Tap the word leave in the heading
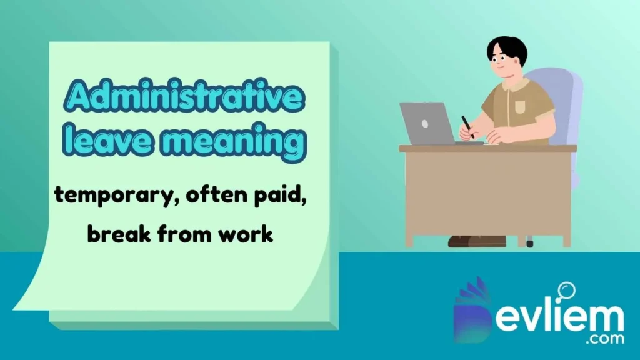pyautogui.click(x=102, y=142)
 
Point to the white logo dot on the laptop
pyautogui.click(x=425, y=123)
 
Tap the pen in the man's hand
pyautogui.click(x=467, y=125)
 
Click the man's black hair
pyautogui.click(x=507, y=47)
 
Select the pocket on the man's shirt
pyautogui.click(x=521, y=106)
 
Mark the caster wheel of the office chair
pyautogui.click(x=530, y=242)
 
